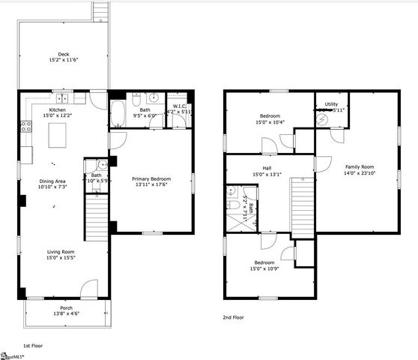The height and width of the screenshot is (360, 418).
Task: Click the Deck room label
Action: click(x=64, y=54)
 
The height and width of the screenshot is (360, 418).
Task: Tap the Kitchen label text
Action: click(x=57, y=109)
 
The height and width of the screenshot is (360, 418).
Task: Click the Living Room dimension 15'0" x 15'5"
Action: click(x=61, y=259)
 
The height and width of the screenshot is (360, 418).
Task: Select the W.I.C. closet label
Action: click(x=179, y=106)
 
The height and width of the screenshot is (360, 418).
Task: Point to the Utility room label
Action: click(x=331, y=104)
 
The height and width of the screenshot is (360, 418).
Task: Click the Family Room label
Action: click(x=359, y=166)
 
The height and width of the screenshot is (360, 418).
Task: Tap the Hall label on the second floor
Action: click(x=267, y=168)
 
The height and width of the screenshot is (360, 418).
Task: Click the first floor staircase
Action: click(x=98, y=217)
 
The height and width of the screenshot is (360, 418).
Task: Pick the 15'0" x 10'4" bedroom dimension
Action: click(x=270, y=122)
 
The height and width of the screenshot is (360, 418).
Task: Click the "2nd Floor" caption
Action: click(x=234, y=317)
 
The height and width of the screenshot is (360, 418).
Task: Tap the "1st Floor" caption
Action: click(x=32, y=346)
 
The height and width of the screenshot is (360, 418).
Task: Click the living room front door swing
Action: click(x=89, y=289)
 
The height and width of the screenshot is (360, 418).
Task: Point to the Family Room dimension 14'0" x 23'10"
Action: click(x=359, y=173)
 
